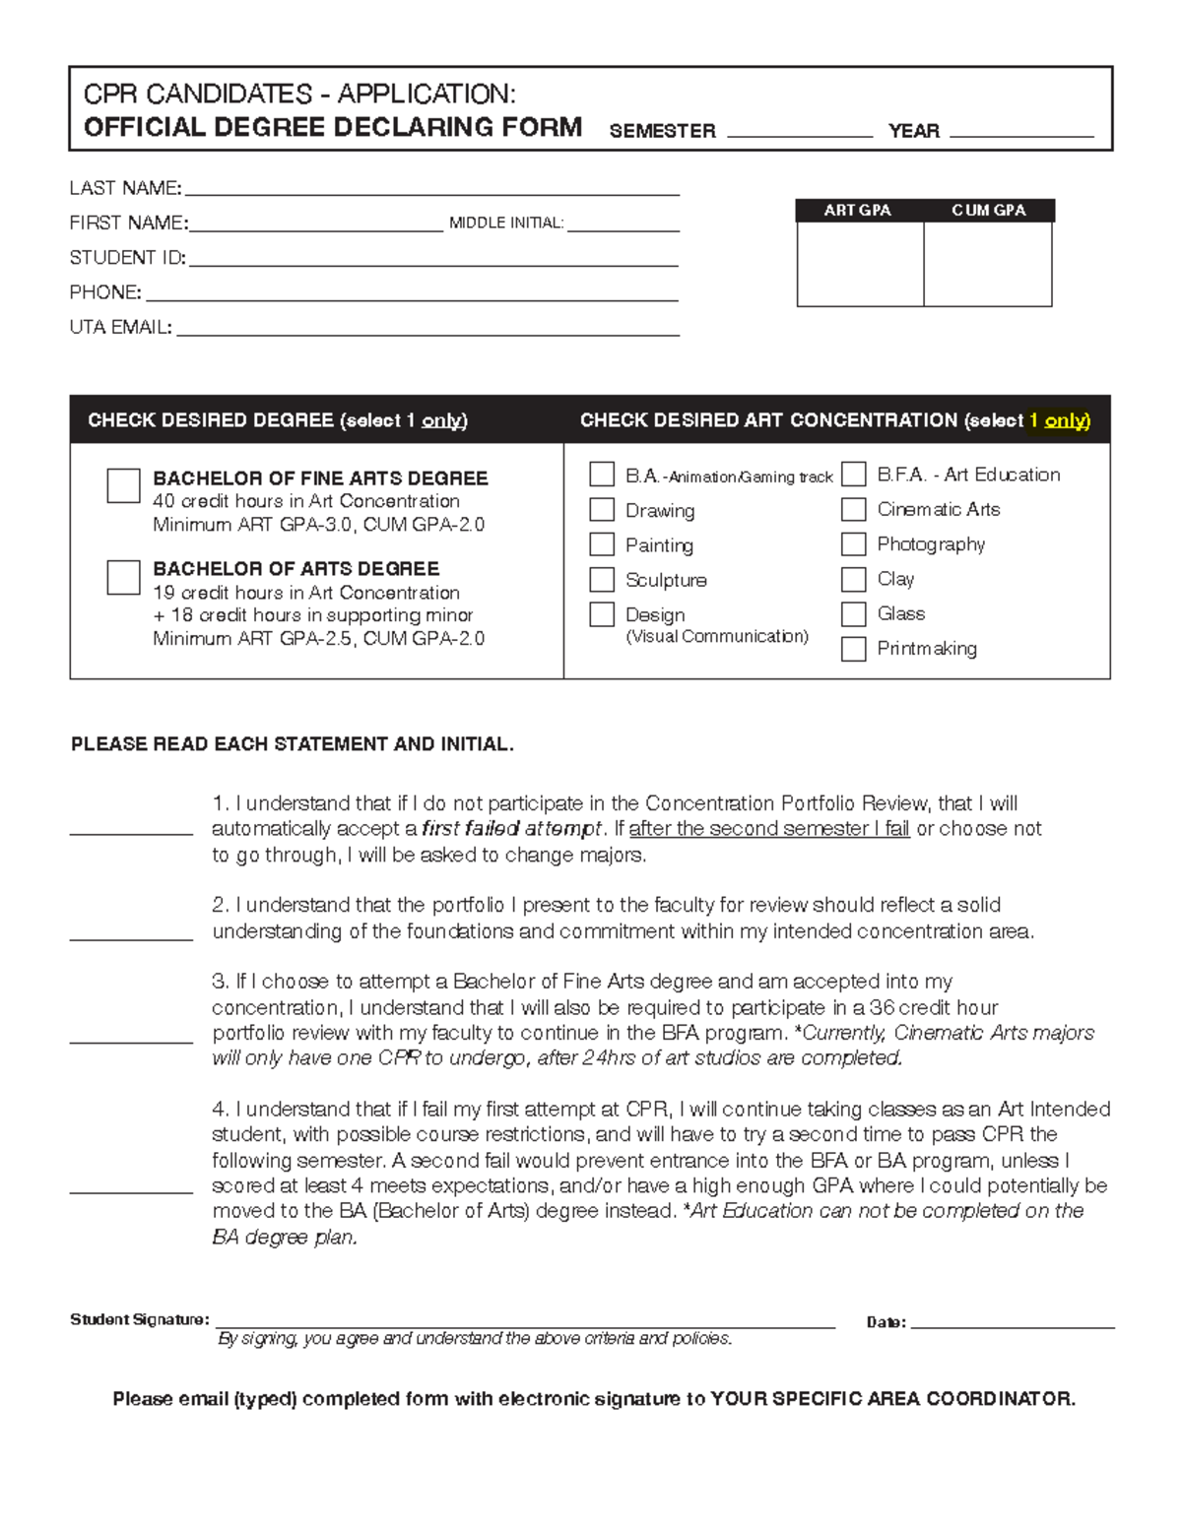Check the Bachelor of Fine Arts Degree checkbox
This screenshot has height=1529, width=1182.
pyautogui.click(x=123, y=485)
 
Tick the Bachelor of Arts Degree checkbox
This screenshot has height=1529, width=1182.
pyautogui.click(x=123, y=577)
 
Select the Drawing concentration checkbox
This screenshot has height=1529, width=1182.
pyautogui.click(x=602, y=509)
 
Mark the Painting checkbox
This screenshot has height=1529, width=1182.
pyautogui.click(x=602, y=544)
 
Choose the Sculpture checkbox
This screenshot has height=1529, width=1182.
pyautogui.click(x=602, y=579)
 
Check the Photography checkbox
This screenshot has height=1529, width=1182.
pyautogui.click(x=853, y=543)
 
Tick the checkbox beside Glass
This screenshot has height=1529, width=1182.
pyautogui.click(x=853, y=613)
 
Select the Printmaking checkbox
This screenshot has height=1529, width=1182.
pyautogui.click(x=853, y=649)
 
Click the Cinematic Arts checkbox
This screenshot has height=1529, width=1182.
pyautogui.click(x=853, y=509)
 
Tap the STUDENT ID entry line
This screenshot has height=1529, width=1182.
pyautogui.click(x=432, y=259)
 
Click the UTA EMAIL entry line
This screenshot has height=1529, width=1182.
pyautogui.click(x=427, y=329)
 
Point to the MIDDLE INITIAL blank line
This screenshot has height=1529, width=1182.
pyautogui.click(x=623, y=224)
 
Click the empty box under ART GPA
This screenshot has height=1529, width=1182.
pyautogui.click(x=860, y=264)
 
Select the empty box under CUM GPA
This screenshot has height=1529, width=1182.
pyautogui.click(x=988, y=264)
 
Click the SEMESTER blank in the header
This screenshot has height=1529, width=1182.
pyautogui.click(x=799, y=131)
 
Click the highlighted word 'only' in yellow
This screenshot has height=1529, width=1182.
pyautogui.click(x=1066, y=420)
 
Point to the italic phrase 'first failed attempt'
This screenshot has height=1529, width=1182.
pyautogui.click(x=511, y=829)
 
